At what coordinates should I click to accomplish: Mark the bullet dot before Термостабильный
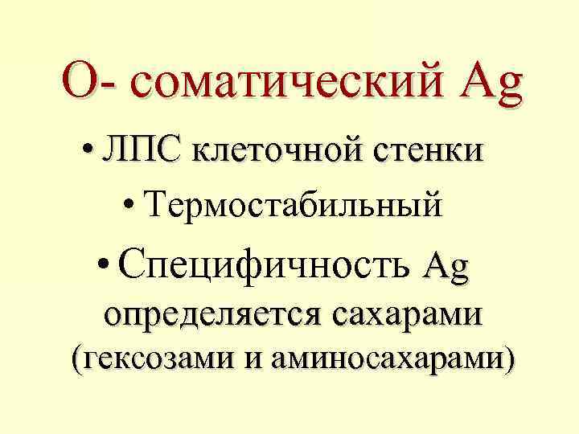[x=131, y=205]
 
